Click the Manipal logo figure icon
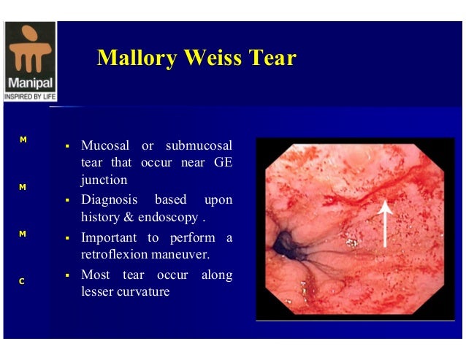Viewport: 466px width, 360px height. click(x=29, y=48)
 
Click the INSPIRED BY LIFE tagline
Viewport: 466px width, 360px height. click(x=29, y=96)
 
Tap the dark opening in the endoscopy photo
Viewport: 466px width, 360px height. click(x=282, y=245)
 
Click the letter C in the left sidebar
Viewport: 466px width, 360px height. click(x=23, y=281)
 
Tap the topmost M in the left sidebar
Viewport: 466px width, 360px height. click(x=23, y=139)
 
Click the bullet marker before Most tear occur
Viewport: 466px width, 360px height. click(x=66, y=276)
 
